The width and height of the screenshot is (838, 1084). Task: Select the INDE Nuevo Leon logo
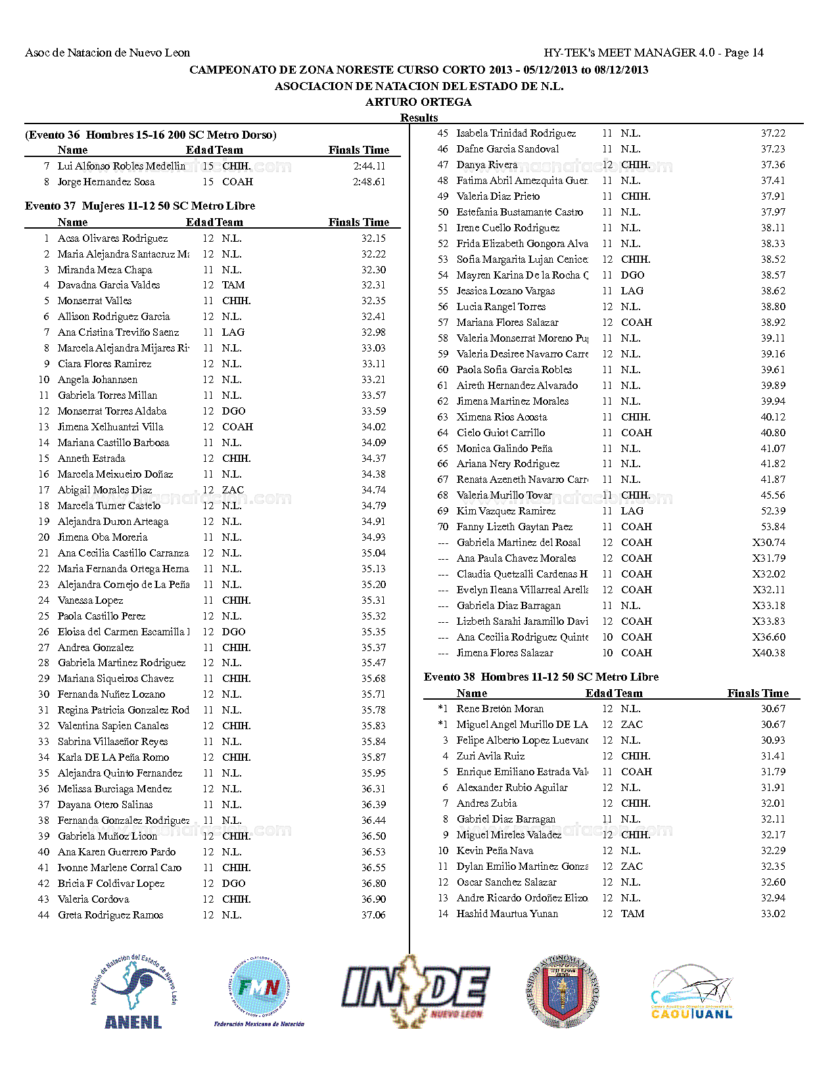click(415, 991)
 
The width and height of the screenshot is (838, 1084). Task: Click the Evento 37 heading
click(140, 206)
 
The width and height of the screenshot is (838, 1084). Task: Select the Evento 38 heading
click(541, 677)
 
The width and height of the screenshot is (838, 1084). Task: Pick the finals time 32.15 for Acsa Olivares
click(373, 238)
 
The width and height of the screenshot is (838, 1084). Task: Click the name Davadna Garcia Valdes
click(109, 285)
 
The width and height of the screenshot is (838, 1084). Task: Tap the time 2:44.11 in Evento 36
click(369, 166)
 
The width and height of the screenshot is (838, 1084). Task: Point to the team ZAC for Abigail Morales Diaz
click(233, 490)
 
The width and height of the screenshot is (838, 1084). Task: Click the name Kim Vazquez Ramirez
click(506, 511)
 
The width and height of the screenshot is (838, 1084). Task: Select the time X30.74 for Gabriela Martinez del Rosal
click(769, 543)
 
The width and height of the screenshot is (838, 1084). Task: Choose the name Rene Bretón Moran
click(500, 709)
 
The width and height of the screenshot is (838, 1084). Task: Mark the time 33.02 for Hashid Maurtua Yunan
click(773, 914)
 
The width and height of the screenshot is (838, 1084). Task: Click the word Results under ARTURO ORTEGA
click(419, 118)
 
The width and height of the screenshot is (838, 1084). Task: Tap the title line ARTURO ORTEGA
click(419, 102)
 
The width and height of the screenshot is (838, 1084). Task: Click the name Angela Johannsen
click(98, 380)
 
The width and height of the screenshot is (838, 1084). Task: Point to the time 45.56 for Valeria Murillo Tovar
click(773, 495)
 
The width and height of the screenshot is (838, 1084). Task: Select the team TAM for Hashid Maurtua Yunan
click(632, 914)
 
